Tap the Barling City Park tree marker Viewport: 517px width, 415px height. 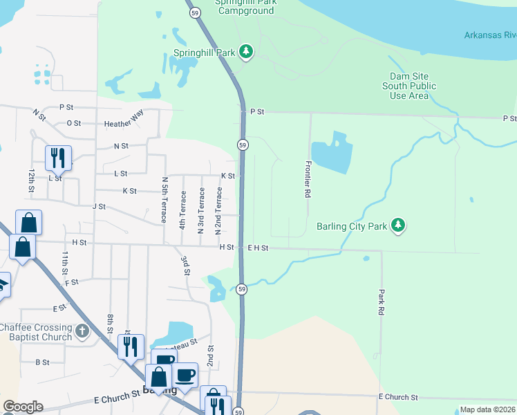[x=397, y=225]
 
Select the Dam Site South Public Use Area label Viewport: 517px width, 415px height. [x=409, y=86]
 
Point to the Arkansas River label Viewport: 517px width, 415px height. [x=489, y=35]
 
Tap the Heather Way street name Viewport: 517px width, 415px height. [x=124, y=124]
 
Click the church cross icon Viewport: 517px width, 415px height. [x=82, y=331]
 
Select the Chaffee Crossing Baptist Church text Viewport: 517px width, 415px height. [x=36, y=332]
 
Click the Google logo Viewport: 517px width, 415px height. [x=23, y=407]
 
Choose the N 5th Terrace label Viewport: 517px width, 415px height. [x=164, y=199]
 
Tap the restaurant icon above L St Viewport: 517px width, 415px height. [x=58, y=158]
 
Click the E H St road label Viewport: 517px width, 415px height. [x=256, y=248]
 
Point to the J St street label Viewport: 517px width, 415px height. [x=99, y=206]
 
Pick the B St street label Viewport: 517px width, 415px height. [x=43, y=362]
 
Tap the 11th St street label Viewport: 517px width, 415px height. [x=64, y=264]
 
